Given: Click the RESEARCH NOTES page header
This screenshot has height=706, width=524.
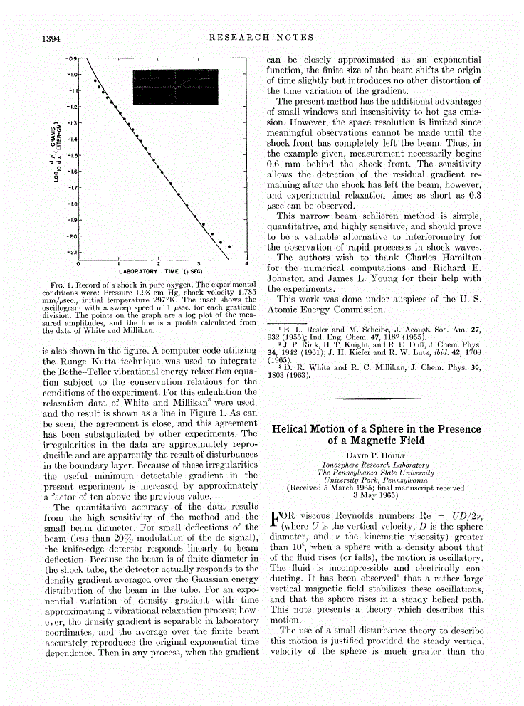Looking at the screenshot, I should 261,37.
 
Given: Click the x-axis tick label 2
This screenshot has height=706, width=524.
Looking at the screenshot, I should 159,264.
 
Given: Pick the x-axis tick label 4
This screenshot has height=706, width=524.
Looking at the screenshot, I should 246,264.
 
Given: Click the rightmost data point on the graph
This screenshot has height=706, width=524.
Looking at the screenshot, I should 229,247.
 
